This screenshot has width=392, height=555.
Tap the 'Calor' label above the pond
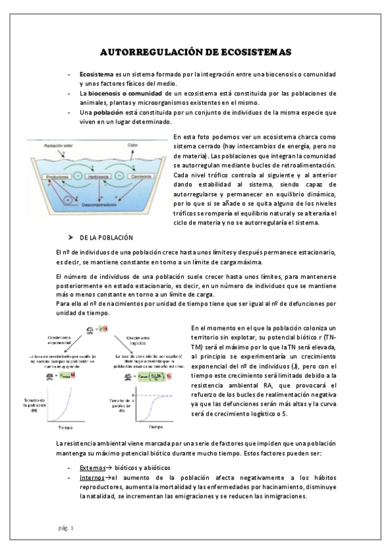132,145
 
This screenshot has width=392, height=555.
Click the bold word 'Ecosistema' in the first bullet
96,75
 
